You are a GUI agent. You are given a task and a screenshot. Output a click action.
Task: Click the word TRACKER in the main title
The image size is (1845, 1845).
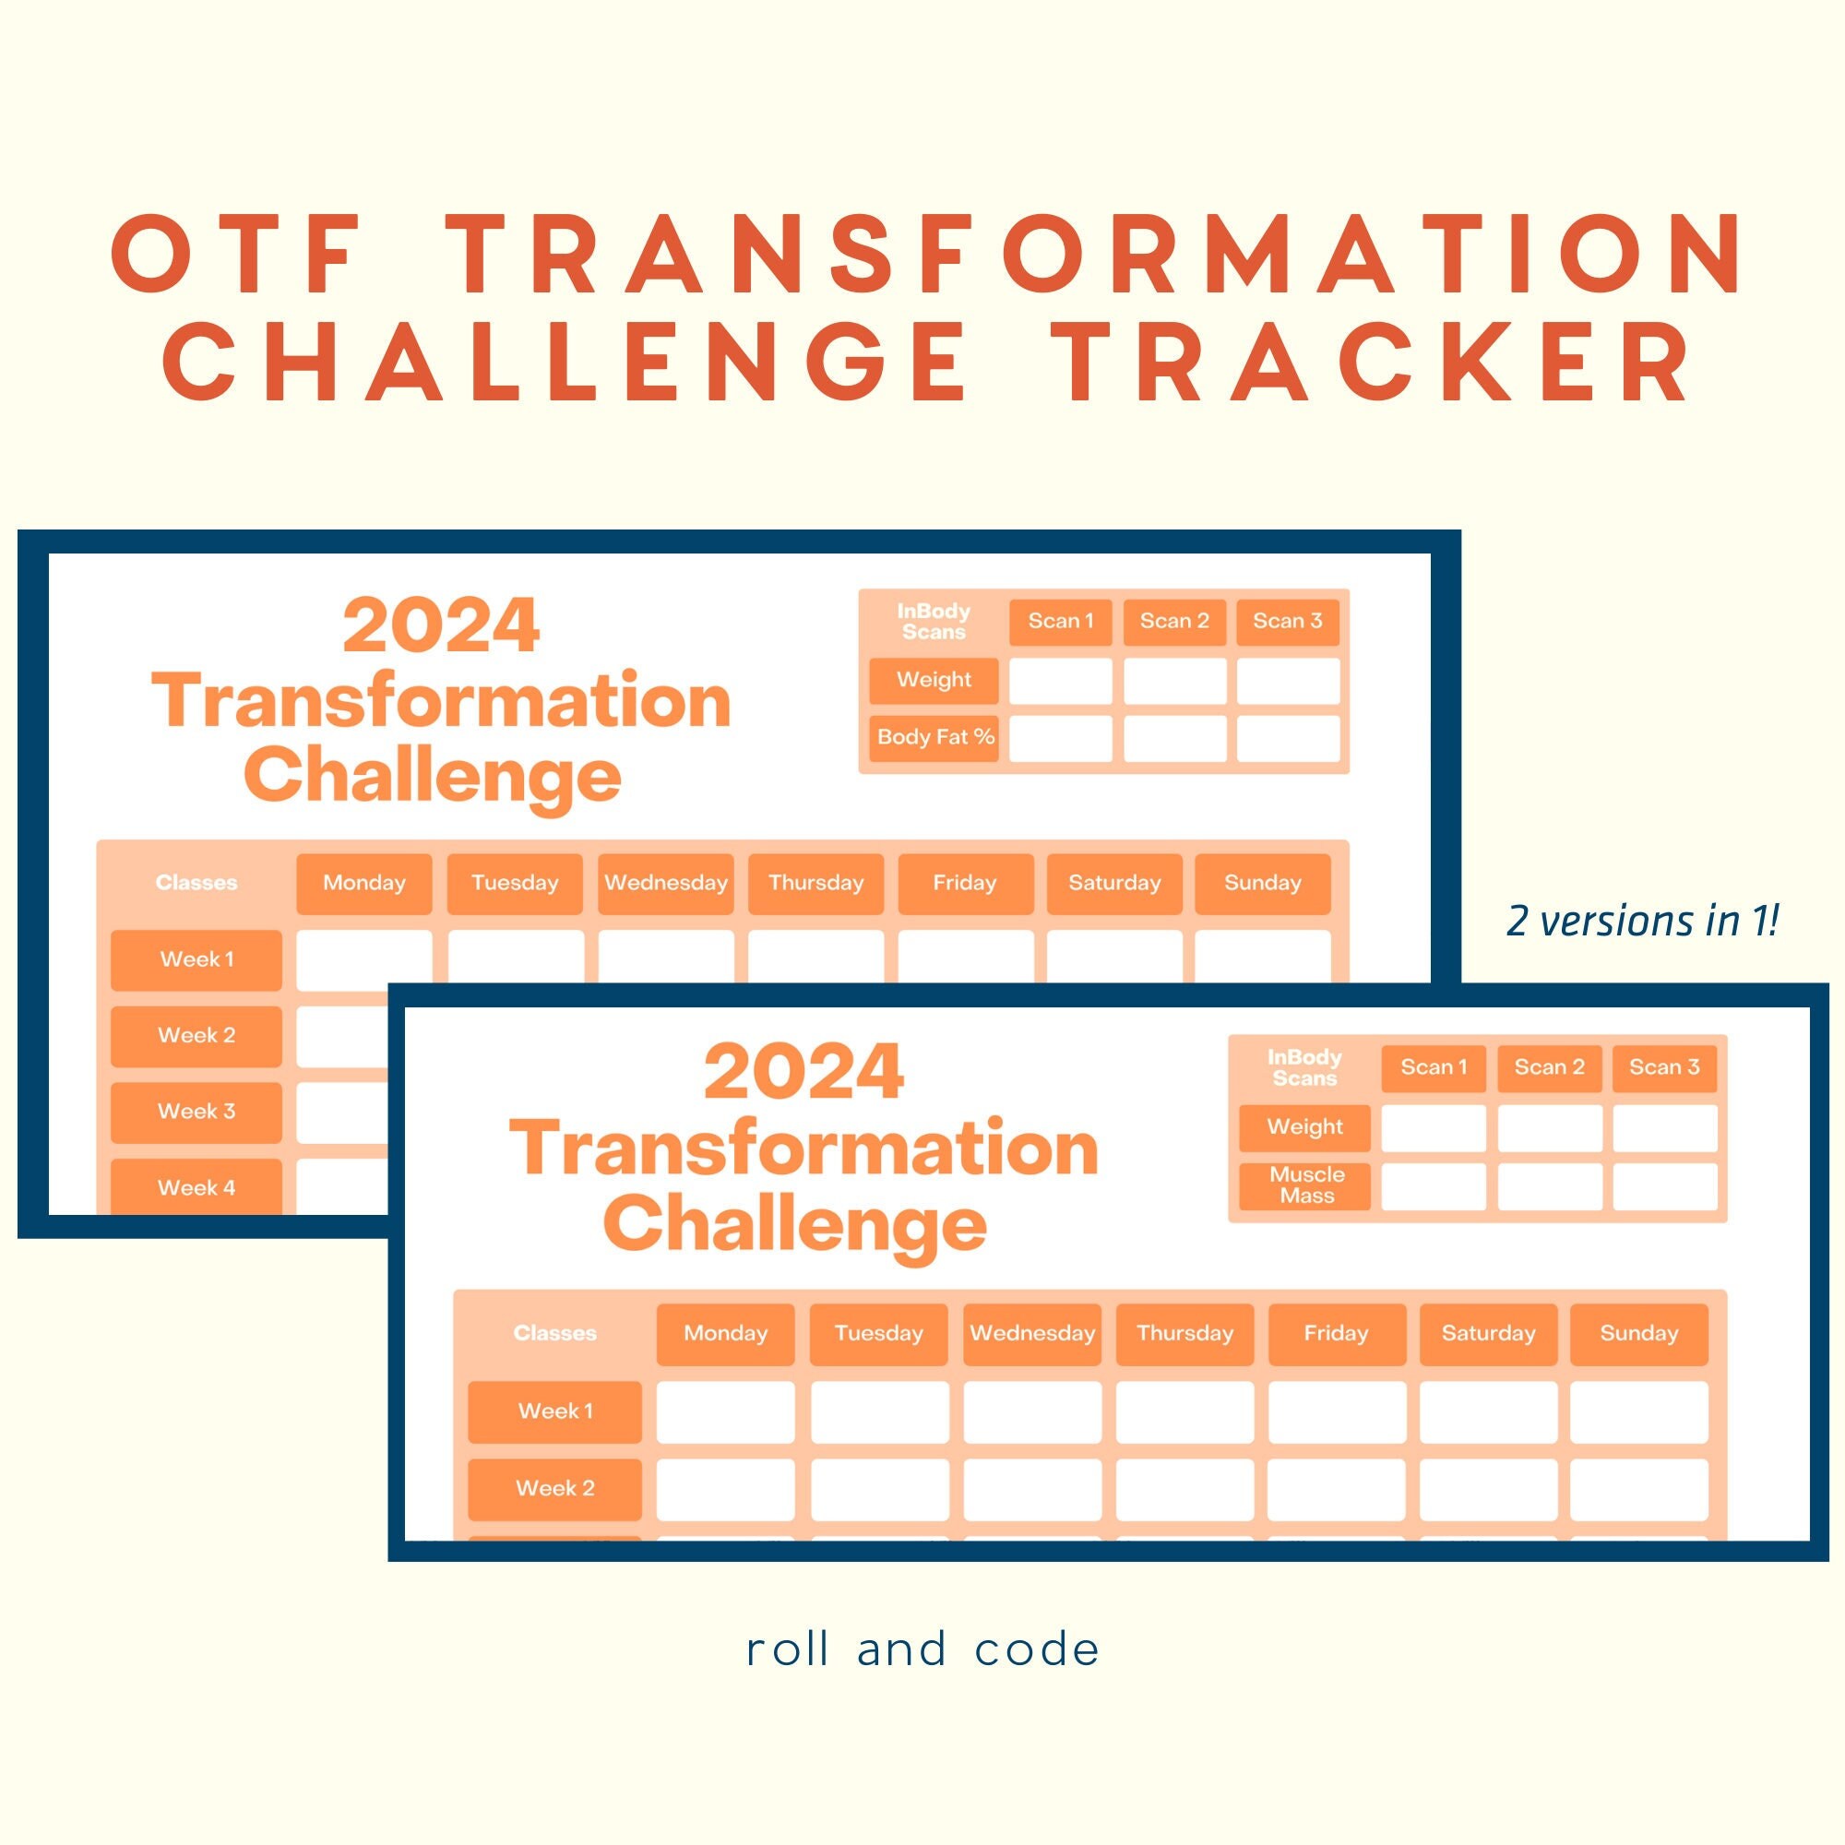click(1377, 363)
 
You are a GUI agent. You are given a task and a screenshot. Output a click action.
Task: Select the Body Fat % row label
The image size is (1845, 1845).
click(934, 737)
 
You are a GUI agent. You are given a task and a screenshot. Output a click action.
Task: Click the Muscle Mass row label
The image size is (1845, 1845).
click(1305, 1185)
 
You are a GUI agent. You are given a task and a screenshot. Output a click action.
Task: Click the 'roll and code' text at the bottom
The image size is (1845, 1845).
click(922, 1649)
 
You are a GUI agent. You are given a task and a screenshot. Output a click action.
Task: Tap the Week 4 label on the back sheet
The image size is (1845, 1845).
click(196, 1187)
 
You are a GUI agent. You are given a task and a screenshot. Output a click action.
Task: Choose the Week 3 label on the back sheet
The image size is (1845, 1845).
click(196, 1112)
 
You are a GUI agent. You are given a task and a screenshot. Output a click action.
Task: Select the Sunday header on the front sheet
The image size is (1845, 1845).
click(1638, 1333)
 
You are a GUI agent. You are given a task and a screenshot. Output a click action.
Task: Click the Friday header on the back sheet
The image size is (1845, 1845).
click(965, 884)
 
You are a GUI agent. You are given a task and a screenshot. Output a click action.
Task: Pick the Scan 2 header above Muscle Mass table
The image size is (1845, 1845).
click(1549, 1067)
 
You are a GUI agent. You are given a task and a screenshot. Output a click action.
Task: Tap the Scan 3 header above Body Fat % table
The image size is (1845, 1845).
click(1287, 622)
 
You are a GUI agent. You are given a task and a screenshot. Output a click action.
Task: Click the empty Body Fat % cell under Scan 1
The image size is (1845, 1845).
click(1060, 739)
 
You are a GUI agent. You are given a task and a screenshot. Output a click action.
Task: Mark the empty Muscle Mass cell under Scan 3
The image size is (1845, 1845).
click(1664, 1186)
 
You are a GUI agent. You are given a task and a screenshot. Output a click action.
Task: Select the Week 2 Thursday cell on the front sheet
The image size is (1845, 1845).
click(1184, 1488)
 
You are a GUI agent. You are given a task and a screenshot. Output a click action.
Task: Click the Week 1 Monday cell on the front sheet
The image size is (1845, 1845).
click(725, 1411)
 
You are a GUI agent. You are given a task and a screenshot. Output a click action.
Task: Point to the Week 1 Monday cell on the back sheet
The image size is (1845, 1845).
click(363, 958)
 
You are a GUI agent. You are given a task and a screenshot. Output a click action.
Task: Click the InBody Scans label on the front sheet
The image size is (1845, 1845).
click(1304, 1067)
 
